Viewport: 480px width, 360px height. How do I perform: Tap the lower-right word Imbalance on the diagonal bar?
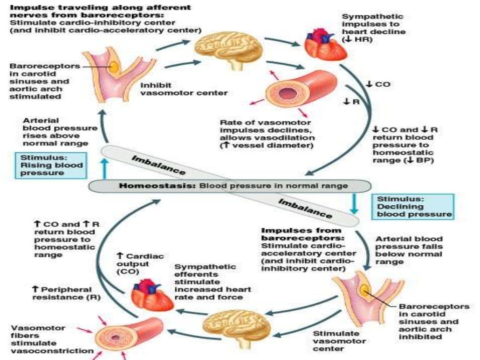(x=305, y=208)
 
